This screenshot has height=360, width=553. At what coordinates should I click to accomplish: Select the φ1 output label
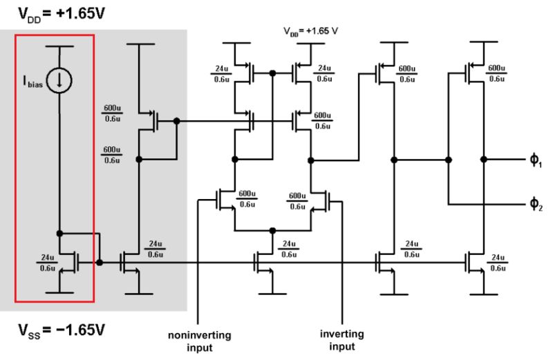pyautogui.click(x=536, y=160)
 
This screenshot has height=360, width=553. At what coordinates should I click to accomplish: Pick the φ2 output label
pyautogui.click(x=536, y=205)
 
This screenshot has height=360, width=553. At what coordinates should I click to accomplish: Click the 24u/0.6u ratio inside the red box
pyautogui.click(x=47, y=262)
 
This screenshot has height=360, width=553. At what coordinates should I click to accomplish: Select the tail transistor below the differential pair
pyautogui.click(x=263, y=262)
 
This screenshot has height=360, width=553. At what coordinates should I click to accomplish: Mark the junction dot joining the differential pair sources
pyautogui.click(x=273, y=229)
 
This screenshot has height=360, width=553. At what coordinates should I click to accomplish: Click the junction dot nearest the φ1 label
pyautogui.click(x=484, y=160)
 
